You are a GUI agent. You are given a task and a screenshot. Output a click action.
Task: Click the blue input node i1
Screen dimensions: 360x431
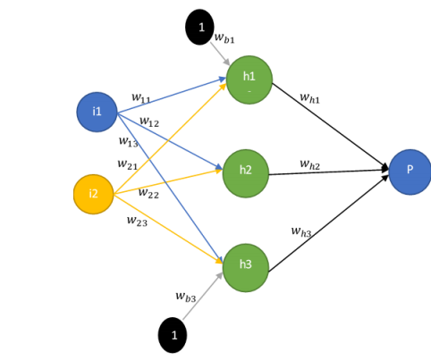tap(97, 112)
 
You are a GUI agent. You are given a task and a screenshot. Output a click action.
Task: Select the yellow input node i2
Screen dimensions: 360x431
tap(94, 194)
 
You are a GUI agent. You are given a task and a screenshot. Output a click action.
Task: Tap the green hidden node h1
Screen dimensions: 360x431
tap(249, 79)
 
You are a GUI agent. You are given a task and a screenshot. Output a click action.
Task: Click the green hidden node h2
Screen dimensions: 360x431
tap(245, 169)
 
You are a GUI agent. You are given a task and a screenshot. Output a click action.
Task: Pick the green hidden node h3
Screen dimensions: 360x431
tap(245, 266)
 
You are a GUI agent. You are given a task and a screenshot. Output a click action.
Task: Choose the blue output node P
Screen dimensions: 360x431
tap(410, 171)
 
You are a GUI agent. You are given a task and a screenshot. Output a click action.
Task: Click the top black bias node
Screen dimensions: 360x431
tap(201, 28)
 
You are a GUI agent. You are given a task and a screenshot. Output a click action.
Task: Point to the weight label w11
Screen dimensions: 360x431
tap(141, 97)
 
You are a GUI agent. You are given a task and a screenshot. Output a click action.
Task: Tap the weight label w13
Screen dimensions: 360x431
tap(128, 141)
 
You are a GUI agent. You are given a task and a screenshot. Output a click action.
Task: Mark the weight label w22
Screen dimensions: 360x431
tap(148, 194)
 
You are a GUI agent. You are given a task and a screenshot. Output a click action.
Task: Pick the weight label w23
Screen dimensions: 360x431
tap(137, 221)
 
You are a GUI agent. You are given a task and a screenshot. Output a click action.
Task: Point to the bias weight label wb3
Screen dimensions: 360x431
tap(187, 296)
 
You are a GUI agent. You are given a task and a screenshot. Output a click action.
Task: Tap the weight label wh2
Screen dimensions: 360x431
tap(310, 164)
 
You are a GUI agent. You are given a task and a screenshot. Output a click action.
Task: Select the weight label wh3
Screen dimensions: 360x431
tap(301, 231)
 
